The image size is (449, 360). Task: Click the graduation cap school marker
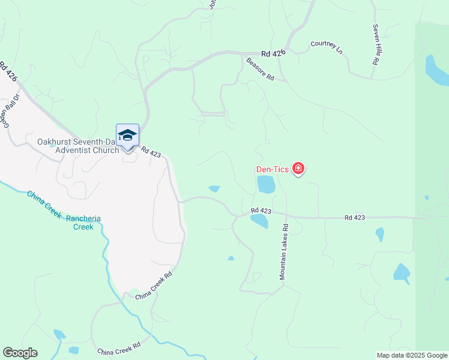pos(127,135)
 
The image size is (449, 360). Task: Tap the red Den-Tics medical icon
pos(298,169)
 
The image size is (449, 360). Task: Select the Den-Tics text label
pos(273,169)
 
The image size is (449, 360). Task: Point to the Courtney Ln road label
pos(326,48)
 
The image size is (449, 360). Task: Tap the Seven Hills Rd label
pos(376,44)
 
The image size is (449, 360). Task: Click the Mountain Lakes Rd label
pos(284,252)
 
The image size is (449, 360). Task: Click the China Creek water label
pos(44,204)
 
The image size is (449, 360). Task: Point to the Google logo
pos(20,353)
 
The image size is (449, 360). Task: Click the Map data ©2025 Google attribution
pos(412,355)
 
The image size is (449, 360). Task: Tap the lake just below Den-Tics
pos(266,184)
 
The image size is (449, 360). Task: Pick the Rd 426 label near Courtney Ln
pos(273,54)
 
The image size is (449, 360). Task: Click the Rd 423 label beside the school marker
pos(151,154)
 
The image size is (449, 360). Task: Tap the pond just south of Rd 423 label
pos(259,222)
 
